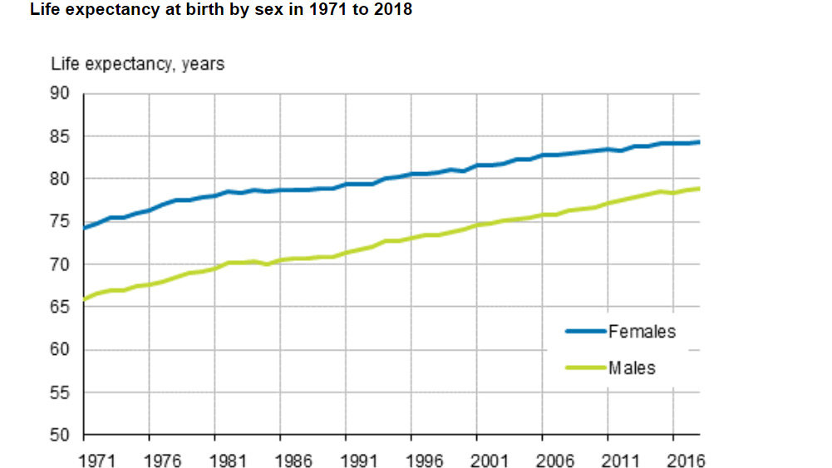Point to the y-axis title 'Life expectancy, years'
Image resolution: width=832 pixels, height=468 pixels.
click(x=137, y=63)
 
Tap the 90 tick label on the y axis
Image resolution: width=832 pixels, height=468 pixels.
click(x=62, y=93)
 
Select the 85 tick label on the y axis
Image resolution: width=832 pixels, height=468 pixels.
click(x=62, y=136)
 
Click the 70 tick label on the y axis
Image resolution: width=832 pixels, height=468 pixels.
click(x=62, y=264)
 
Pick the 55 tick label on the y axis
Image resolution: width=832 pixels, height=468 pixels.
click(x=62, y=392)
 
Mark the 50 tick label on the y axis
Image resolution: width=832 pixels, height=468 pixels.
click(x=62, y=435)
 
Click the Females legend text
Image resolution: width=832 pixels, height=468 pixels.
click(x=642, y=331)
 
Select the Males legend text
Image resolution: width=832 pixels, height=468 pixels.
click(x=632, y=367)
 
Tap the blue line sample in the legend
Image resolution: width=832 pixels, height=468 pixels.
click(x=586, y=331)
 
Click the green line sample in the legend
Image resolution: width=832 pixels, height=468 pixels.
click(x=586, y=367)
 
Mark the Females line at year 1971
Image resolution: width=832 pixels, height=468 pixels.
click(x=84, y=227)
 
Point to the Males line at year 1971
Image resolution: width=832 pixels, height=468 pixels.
click(x=84, y=298)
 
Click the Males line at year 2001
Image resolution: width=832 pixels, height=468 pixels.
click(x=476, y=225)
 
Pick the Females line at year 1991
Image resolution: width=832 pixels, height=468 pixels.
click(x=346, y=184)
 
